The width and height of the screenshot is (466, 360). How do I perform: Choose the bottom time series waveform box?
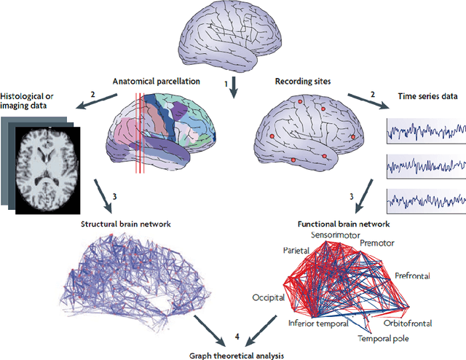click(x=425, y=200)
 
